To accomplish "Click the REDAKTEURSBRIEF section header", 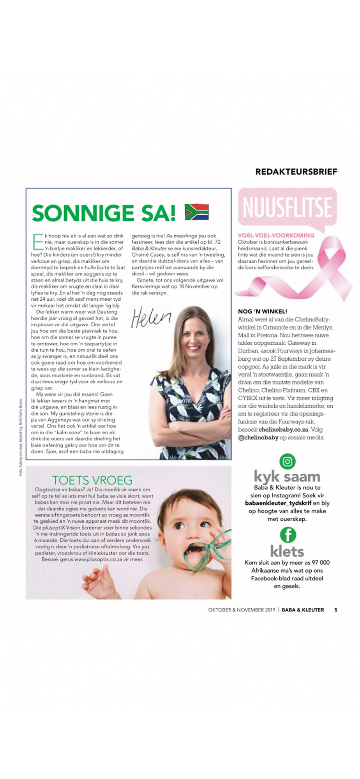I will pyautogui.click(x=296, y=171).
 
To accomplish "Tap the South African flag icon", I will pyautogui.click(x=197, y=212).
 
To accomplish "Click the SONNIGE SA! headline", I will pyautogui.click(x=104, y=213).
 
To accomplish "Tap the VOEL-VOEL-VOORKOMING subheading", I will pyautogui.click(x=276, y=235).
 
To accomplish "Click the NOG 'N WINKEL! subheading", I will pyautogui.click(x=262, y=312).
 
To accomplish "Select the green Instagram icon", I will pyautogui.click(x=288, y=462).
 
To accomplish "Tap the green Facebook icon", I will pyautogui.click(x=288, y=535).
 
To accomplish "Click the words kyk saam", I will pyautogui.click(x=287, y=476).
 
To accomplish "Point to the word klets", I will pyautogui.click(x=287, y=551).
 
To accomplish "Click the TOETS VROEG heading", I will pyautogui.click(x=92, y=480).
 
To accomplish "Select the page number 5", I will pyautogui.click(x=335, y=610).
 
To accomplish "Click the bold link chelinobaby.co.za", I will pyautogui.click(x=283, y=430).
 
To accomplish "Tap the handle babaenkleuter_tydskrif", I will pyautogui.click(x=278, y=503).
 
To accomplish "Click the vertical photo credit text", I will pyautogui.click(x=20, y=436).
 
